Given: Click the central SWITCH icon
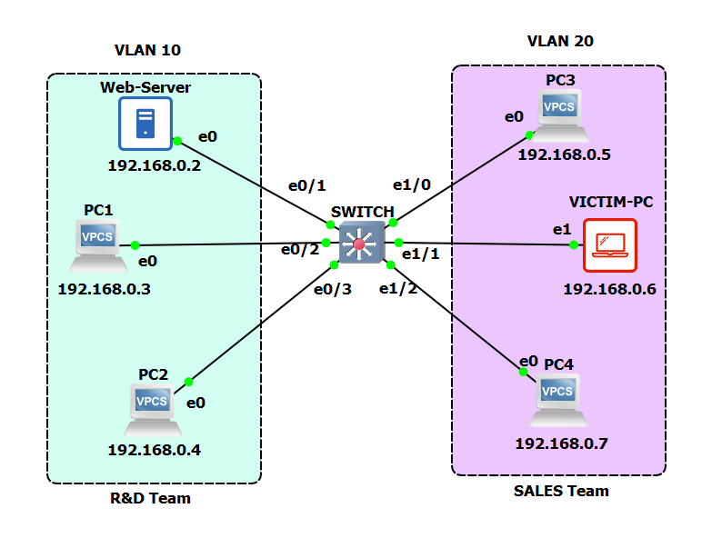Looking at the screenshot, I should (359, 244).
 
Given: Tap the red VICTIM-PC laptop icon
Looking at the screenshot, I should (610, 245).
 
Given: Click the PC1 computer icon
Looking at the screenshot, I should (99, 245).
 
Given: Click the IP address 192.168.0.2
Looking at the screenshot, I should (154, 165).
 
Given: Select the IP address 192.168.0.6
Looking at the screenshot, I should (609, 289).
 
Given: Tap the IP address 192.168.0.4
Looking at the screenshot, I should (154, 449).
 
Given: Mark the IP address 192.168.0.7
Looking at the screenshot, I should (560, 443).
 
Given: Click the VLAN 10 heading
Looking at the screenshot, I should (154, 50).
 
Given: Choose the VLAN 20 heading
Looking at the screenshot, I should (560, 41).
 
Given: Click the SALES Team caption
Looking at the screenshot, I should (560, 491).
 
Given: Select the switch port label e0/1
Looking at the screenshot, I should (306, 185).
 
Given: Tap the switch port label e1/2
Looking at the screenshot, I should (397, 289).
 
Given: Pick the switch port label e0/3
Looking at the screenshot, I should (332, 290).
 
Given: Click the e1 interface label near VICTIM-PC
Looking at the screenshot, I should (561, 228).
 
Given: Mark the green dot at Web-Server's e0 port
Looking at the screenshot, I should (177, 140).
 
